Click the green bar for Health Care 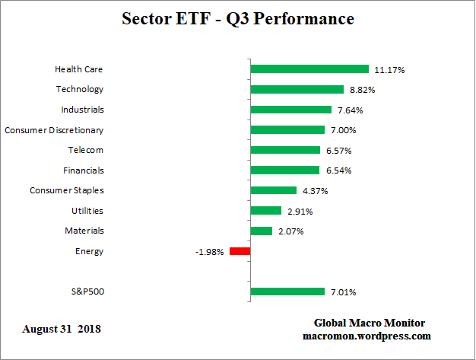(309, 69)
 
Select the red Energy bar (240, 251)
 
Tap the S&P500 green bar (287, 292)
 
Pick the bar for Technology (297, 89)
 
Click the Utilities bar (265, 211)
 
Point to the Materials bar (261, 231)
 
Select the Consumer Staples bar (273, 190)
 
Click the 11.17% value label (389, 70)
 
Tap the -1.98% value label (209, 252)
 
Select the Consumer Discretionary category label (54, 130)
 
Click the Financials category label (84, 170)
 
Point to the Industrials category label (82, 110)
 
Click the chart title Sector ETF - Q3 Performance (237, 18)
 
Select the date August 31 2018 (62, 330)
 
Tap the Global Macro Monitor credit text (369, 323)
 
